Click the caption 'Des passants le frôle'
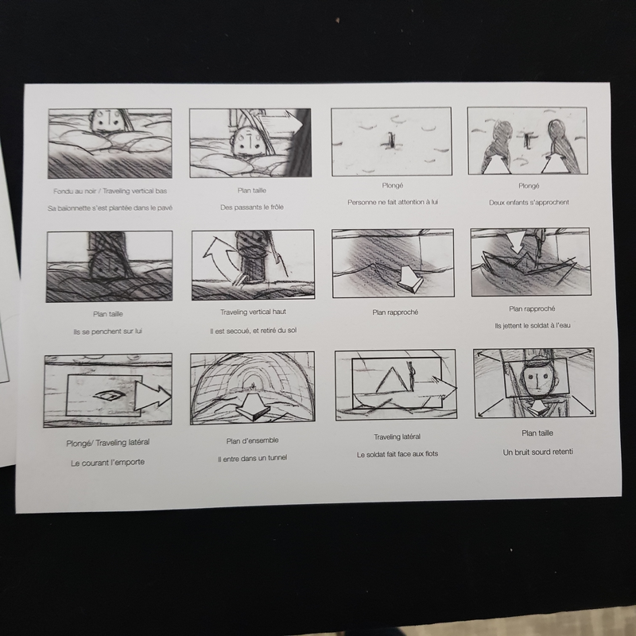click(252, 207)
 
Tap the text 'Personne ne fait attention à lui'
click(393, 202)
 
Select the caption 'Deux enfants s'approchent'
click(529, 203)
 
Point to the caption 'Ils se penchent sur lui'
click(108, 332)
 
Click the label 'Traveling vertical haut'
click(253, 312)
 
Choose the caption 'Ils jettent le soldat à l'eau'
click(533, 326)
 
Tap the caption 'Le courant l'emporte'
click(108, 463)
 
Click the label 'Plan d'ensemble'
click(253, 440)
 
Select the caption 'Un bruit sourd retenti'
click(538, 452)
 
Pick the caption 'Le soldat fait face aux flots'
click(397, 454)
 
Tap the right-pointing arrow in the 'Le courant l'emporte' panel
click(153, 397)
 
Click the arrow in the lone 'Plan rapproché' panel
click(409, 279)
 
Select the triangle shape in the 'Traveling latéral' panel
click(392, 380)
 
